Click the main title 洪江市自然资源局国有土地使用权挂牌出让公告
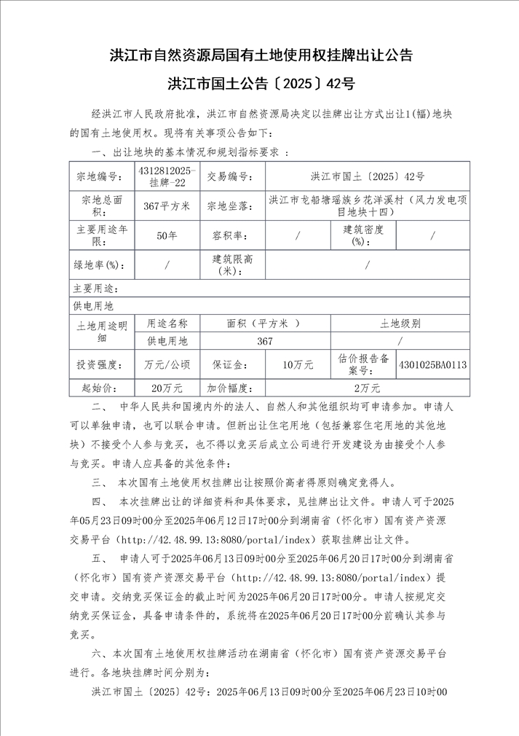pyautogui.click(x=260, y=56)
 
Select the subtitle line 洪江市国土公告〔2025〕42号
pyautogui.click(x=260, y=84)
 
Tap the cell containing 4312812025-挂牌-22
pyautogui.click(x=167, y=177)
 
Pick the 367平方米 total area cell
pyautogui.click(x=167, y=206)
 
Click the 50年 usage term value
pyautogui.click(x=167, y=235)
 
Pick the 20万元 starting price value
pyautogui.click(x=167, y=388)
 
